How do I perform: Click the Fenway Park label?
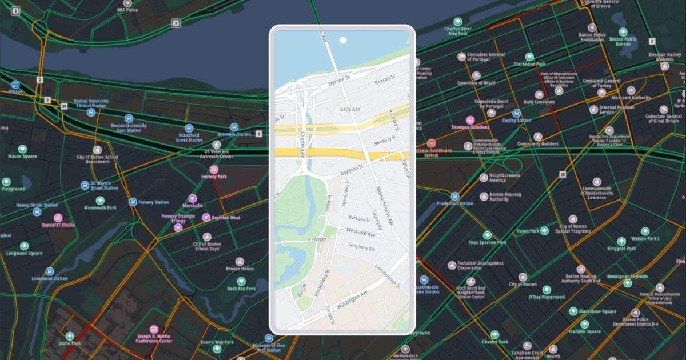(x=214, y=177)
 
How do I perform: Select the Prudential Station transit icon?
(x=456, y=196)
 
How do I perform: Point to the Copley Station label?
(x=516, y=121)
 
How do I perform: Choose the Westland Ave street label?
(x=360, y=233)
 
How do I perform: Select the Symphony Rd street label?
(x=361, y=248)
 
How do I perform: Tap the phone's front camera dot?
(x=342, y=41)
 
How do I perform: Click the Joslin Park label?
(x=70, y=343)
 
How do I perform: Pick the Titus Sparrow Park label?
(x=487, y=242)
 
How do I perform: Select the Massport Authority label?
(x=631, y=98)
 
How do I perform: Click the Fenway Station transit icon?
(x=133, y=202)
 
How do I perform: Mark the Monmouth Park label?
(x=100, y=208)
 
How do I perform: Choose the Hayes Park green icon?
(x=544, y=231)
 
